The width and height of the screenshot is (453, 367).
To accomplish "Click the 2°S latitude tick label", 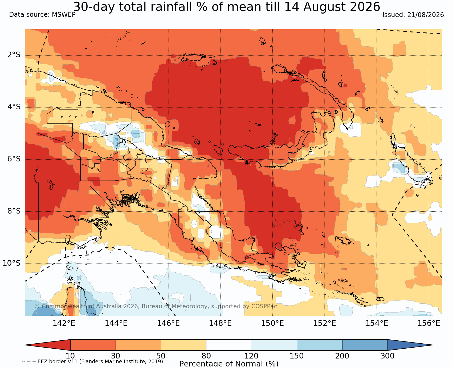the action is pyautogui.click(x=14, y=55).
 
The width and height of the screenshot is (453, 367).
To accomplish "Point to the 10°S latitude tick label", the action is pyautogui.click(x=12, y=263).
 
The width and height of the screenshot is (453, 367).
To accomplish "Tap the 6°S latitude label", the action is pyautogui.click(x=14, y=159).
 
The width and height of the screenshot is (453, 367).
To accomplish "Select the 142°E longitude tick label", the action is pyautogui.click(x=64, y=323).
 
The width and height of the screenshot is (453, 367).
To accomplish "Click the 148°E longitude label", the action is pyautogui.click(x=220, y=323).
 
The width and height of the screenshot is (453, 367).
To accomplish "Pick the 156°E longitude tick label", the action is pyautogui.click(x=429, y=323).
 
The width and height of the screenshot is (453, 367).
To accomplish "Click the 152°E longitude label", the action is pyautogui.click(x=325, y=323).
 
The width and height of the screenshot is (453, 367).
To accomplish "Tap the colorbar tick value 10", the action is pyautogui.click(x=70, y=356).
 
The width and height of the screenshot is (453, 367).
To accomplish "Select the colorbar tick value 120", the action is pyautogui.click(x=251, y=356).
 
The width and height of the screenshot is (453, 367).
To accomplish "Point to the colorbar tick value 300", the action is pyautogui.click(x=387, y=356).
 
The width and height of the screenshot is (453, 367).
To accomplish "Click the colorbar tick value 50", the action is pyautogui.click(x=161, y=356).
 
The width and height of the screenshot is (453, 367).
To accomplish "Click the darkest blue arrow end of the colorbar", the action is pyautogui.click(x=410, y=345).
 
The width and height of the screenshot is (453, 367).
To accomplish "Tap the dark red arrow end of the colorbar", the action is pyautogui.click(x=48, y=345).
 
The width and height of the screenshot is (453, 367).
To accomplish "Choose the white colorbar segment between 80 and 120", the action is pyautogui.click(x=229, y=345).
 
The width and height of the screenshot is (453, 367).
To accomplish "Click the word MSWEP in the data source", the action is pyautogui.click(x=64, y=15).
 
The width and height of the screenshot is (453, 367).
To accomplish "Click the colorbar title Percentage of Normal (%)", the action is pyautogui.click(x=229, y=364).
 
